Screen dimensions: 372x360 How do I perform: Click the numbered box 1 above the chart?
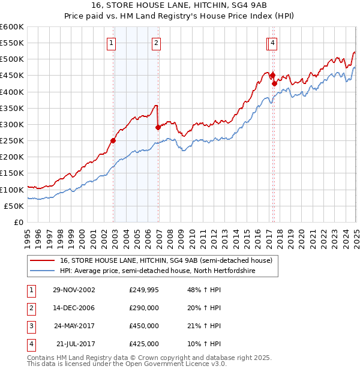tap(112, 43)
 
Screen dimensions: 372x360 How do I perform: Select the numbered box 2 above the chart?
tap(155, 43)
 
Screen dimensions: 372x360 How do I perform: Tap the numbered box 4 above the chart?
tap(272, 43)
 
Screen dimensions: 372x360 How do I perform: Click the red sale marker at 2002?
tap(113, 141)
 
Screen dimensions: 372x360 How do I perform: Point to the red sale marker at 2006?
tap(158, 128)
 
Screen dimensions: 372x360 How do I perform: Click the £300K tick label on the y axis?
tap(12, 124)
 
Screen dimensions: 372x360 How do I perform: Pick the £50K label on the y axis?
tap(14, 206)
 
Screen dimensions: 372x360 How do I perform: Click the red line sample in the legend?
tap(43, 260)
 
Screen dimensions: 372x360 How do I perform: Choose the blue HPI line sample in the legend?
tap(43, 271)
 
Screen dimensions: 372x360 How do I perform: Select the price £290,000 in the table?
tap(144, 308)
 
